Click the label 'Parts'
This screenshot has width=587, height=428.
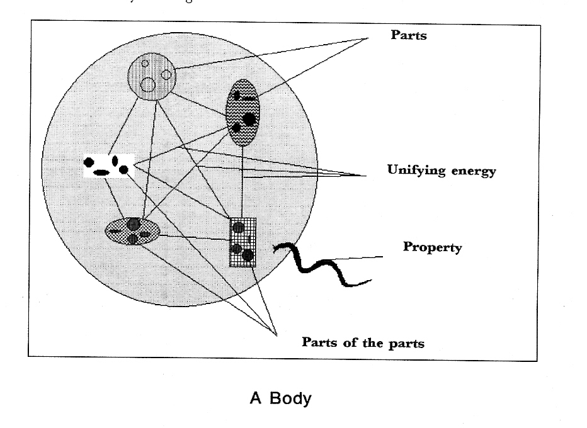tap(408, 35)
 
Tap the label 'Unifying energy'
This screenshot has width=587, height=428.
tap(441, 171)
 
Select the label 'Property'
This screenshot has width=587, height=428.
tap(432, 247)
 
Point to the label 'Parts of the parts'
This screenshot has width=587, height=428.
tap(363, 343)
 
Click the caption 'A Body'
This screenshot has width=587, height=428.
tap(280, 398)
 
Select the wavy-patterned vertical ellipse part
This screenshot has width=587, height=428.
tap(242, 112)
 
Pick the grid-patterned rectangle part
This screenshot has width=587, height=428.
tap(242, 242)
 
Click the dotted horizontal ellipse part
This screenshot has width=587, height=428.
tap(132, 230)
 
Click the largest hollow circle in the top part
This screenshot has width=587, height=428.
tap(148, 84)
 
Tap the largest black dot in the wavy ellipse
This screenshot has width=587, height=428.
tap(249, 118)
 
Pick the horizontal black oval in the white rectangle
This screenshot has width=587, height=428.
tap(101, 172)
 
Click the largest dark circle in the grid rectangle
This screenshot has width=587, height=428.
tap(248, 255)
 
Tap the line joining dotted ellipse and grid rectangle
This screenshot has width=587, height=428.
tap(195, 237)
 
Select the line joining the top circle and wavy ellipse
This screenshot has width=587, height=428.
tap(200, 101)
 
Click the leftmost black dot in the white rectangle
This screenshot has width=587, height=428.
tap(89, 163)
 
